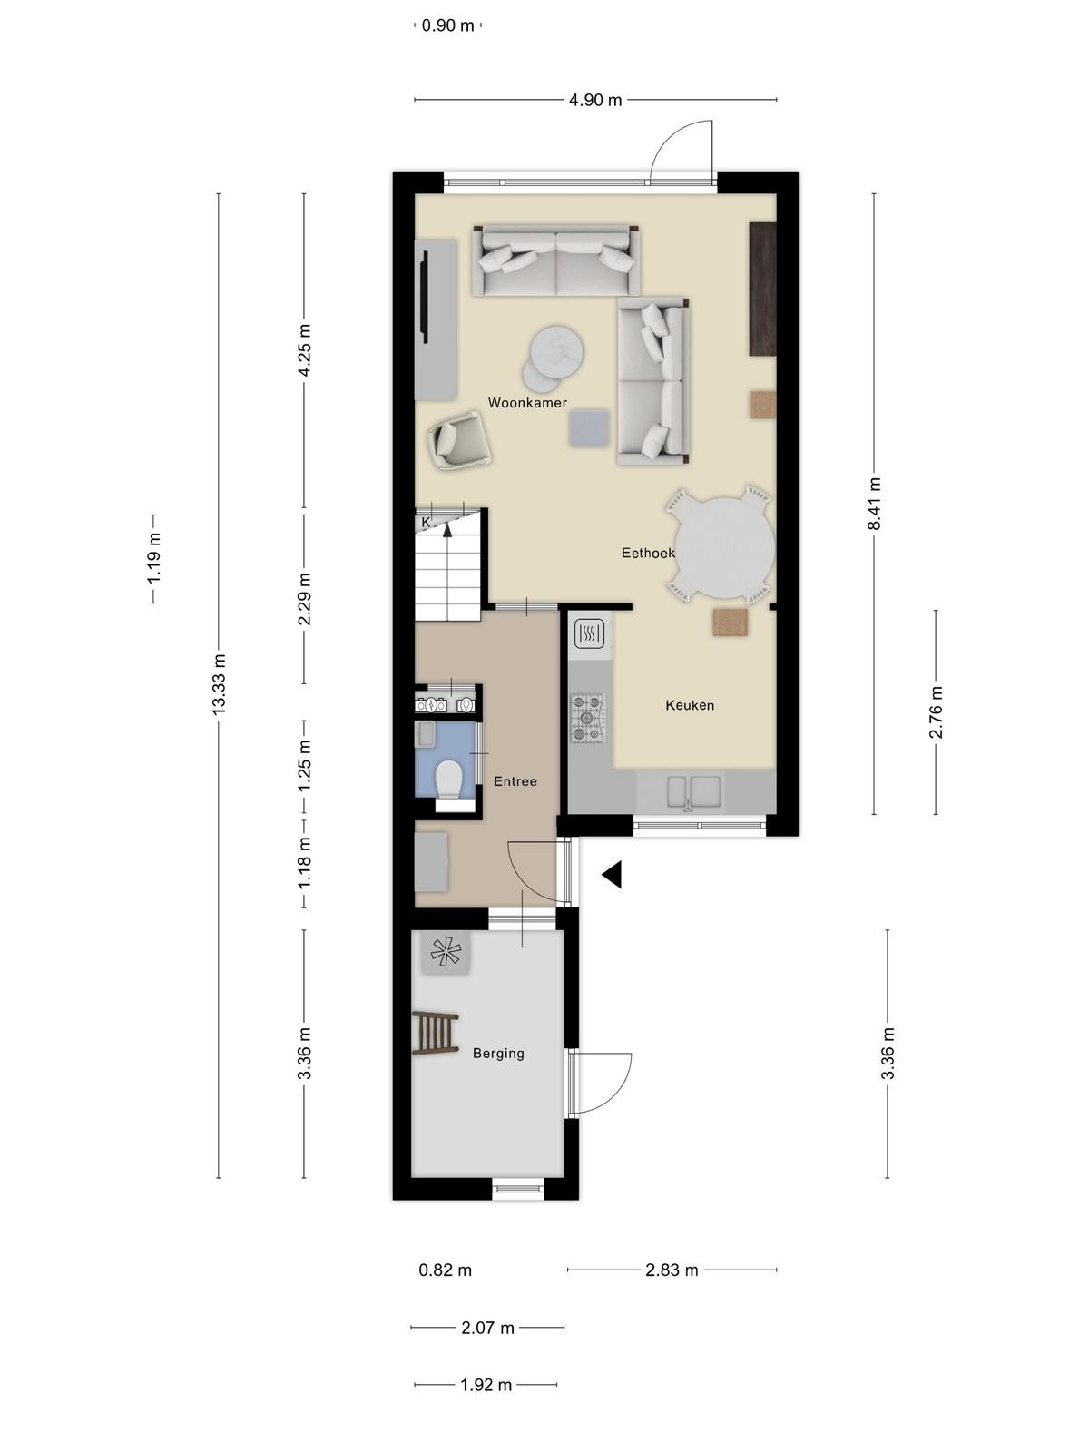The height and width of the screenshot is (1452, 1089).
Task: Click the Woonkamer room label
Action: click(x=527, y=402)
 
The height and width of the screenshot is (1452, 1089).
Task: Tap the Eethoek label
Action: click(x=648, y=553)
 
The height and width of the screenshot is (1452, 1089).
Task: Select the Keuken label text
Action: click(x=690, y=705)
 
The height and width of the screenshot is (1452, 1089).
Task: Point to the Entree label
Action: click(x=515, y=781)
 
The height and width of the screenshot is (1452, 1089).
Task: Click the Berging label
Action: click(x=498, y=1053)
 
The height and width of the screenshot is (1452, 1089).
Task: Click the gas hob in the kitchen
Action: click(x=587, y=717)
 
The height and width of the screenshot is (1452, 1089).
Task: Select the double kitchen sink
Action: click(x=693, y=792)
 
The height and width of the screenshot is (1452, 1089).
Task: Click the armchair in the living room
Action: click(x=459, y=440)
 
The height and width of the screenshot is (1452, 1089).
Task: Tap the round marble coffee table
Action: click(x=557, y=350)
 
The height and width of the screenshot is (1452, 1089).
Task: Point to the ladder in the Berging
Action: click(x=436, y=1033)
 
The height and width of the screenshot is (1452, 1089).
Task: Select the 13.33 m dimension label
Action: click(x=219, y=683)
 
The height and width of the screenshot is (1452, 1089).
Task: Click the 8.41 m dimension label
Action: click(x=874, y=504)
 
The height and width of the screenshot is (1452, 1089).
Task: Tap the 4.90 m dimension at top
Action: click(x=595, y=100)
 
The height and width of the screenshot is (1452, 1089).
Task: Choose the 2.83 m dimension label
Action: click(x=672, y=1270)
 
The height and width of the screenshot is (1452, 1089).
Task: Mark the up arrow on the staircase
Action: click(x=448, y=527)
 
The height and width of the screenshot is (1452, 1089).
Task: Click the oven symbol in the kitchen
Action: click(x=588, y=633)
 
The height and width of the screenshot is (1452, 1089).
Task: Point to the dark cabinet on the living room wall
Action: click(x=761, y=289)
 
